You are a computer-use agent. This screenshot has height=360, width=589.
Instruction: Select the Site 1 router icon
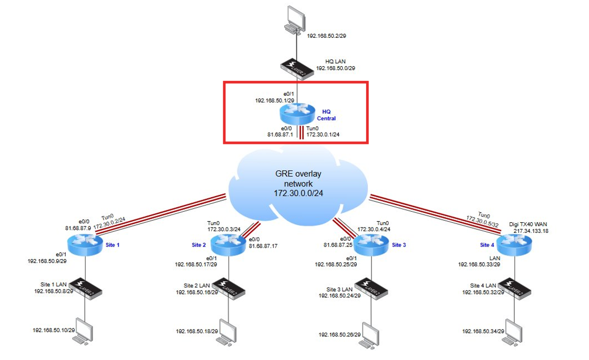pos(84,244)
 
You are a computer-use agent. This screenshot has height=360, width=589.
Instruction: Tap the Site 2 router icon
pos(226,244)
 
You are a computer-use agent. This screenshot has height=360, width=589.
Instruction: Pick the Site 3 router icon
pos(370,243)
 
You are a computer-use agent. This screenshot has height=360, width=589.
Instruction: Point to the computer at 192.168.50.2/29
pos(294,20)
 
